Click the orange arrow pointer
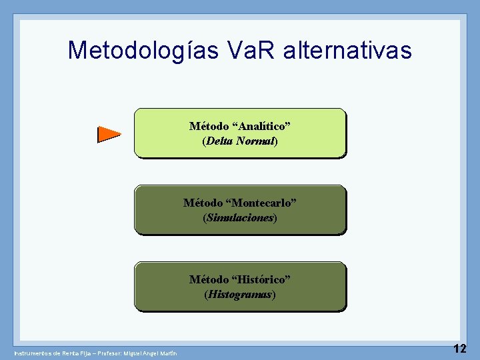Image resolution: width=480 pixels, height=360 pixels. click(108, 134)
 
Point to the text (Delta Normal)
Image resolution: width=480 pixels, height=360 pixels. click(240, 141)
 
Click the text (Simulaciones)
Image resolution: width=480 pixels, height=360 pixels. click(240, 218)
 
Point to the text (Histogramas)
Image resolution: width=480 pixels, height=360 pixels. click(240, 294)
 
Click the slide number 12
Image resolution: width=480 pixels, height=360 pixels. click(459, 348)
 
